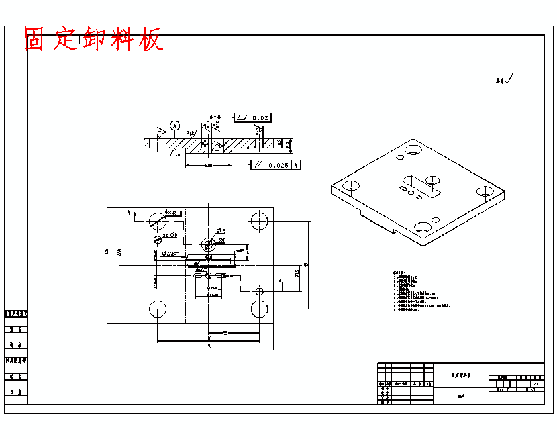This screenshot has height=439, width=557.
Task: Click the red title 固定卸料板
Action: (93, 39)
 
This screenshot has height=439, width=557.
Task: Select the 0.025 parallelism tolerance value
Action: (278, 165)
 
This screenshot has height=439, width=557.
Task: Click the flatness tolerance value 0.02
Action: (260, 118)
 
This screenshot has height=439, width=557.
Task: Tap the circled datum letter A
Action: (175, 126)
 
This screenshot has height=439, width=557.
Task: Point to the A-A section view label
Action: (215, 116)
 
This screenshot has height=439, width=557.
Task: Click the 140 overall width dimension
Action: (209, 346)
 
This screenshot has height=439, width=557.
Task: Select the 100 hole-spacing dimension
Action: (209, 338)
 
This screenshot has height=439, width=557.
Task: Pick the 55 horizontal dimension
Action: (226, 332)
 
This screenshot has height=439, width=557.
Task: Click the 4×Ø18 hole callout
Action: (173, 213)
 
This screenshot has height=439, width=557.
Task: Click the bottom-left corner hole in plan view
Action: (158, 309)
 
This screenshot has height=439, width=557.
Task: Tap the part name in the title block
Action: (460, 377)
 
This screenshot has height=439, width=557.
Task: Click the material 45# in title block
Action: (460, 396)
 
